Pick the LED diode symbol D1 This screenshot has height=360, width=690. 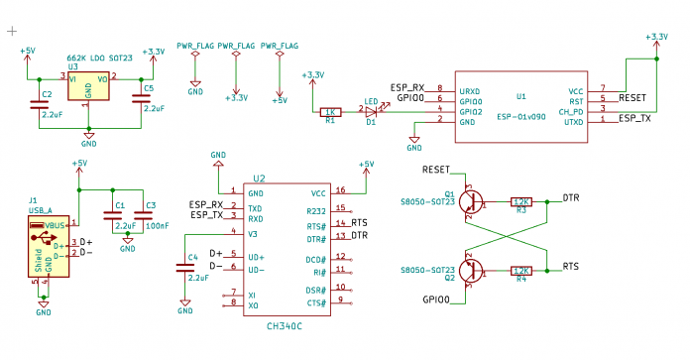pyautogui.click(x=372, y=111)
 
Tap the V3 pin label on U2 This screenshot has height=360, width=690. pyautogui.click(x=253, y=233)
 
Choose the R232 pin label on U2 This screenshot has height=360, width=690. pyautogui.click(x=316, y=209)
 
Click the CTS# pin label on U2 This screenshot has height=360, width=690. pyautogui.click(x=317, y=300)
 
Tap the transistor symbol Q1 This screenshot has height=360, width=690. pyautogui.click(x=474, y=201)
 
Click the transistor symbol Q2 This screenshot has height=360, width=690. pyautogui.click(x=474, y=269)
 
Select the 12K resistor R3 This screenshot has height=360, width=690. pyautogui.click(x=520, y=201)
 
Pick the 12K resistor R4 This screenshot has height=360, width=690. pyautogui.click(x=520, y=270)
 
